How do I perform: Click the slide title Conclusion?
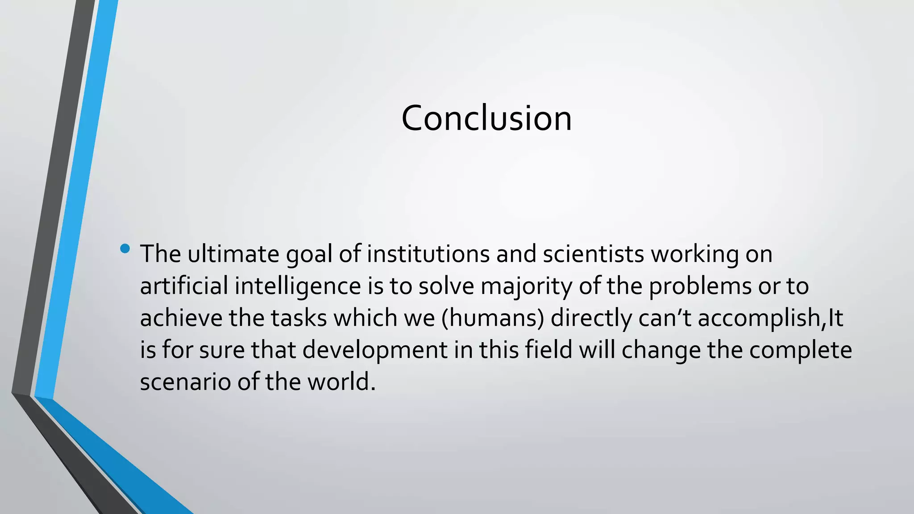pyautogui.click(x=486, y=118)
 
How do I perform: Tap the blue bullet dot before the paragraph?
pyautogui.click(x=125, y=249)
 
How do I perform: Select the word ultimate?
pyautogui.click(x=233, y=254)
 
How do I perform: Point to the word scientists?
pyautogui.click(x=593, y=254)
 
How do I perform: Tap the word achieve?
pyautogui.click(x=181, y=318)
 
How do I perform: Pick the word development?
pyautogui.click(x=375, y=350)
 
